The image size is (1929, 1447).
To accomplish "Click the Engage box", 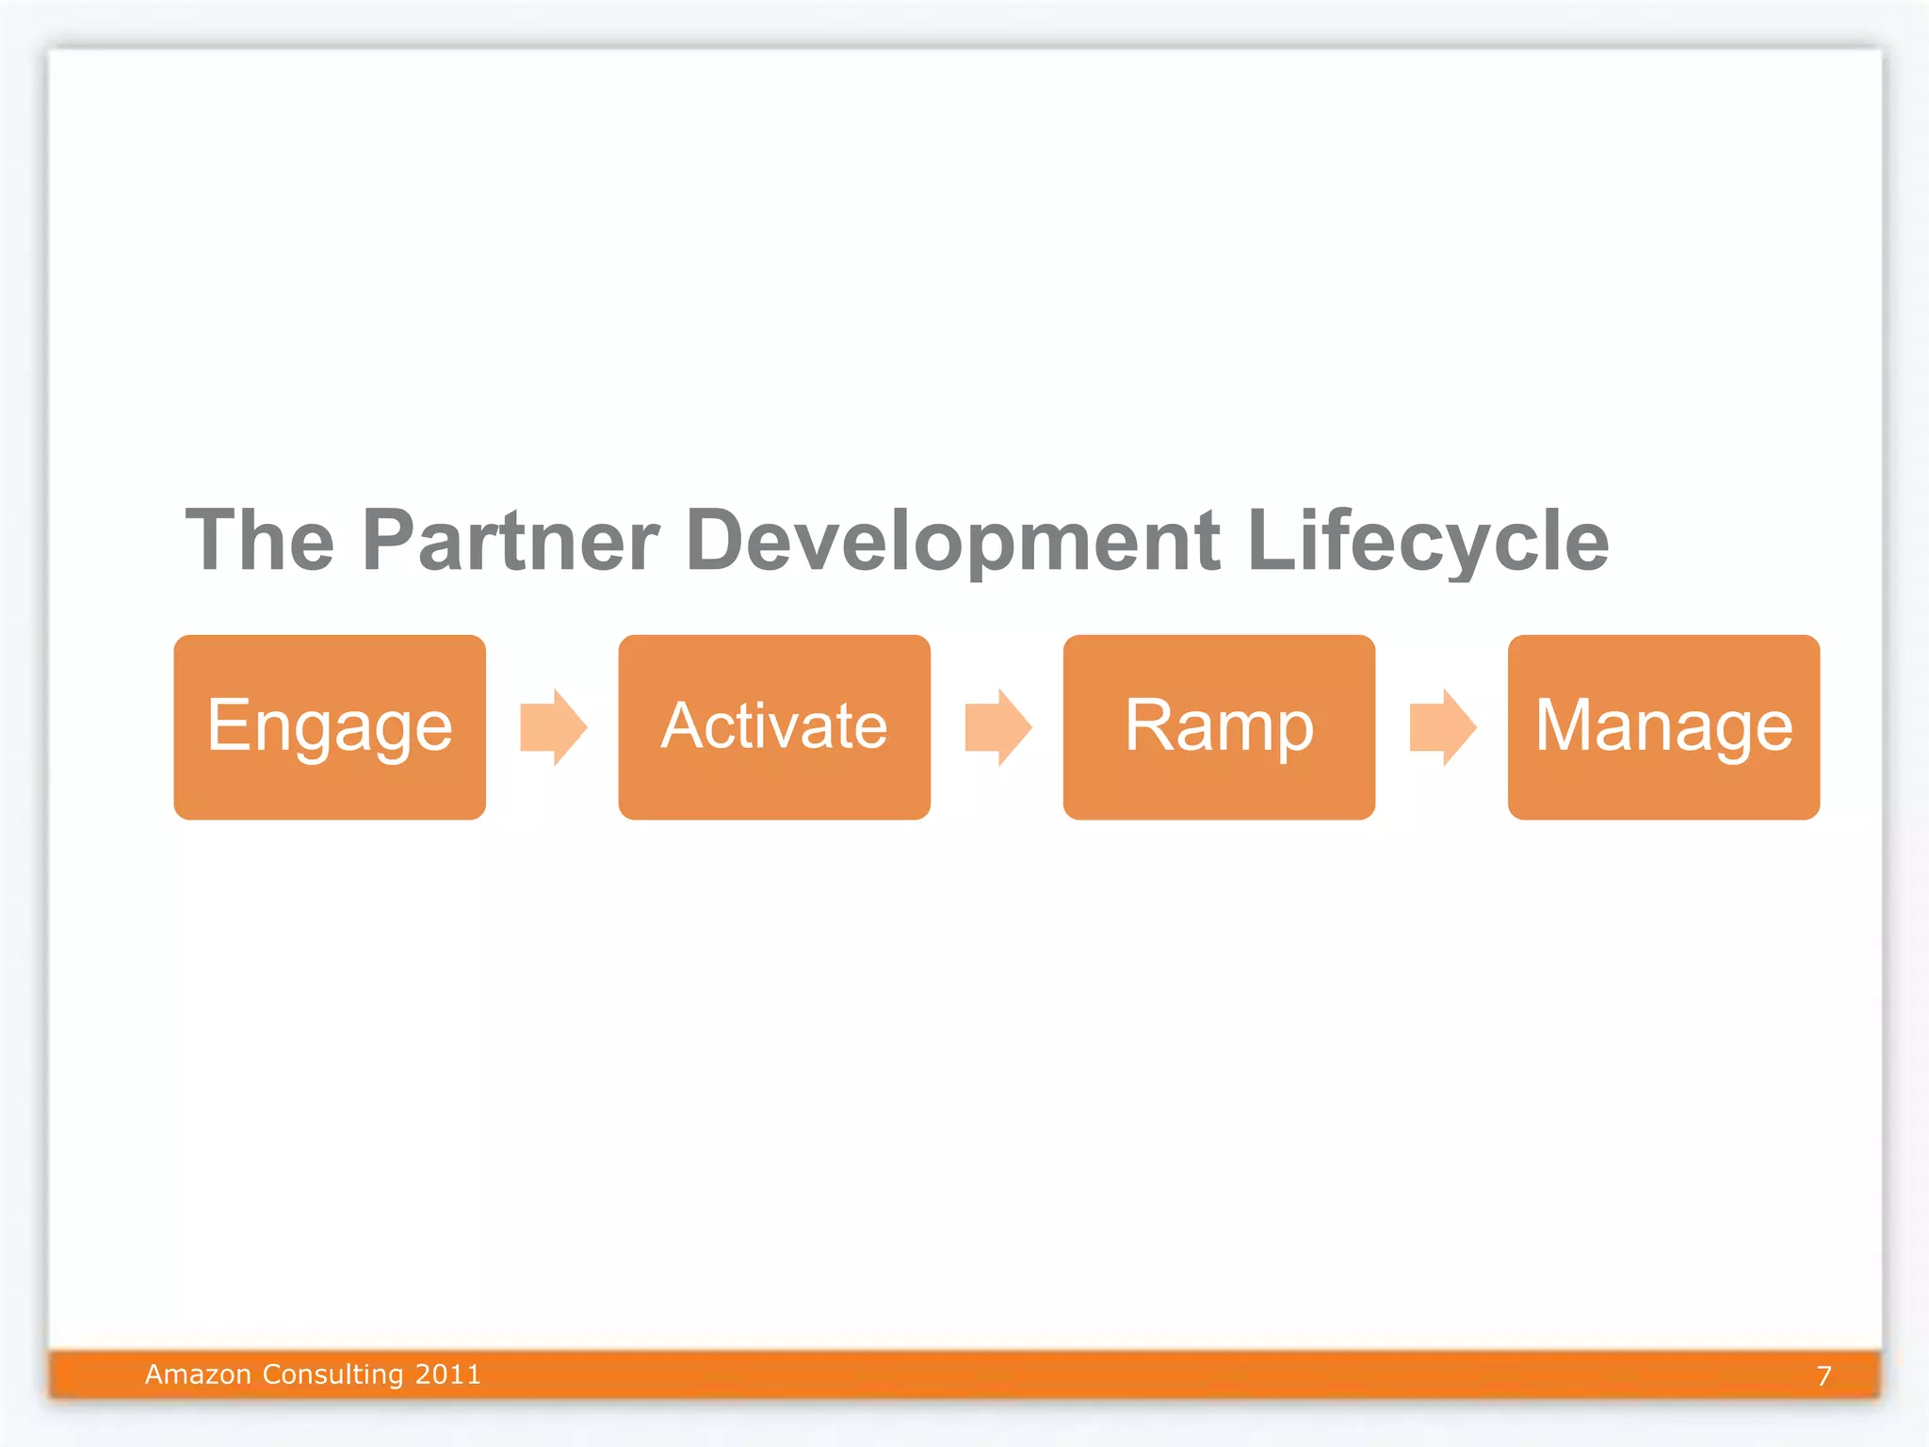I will point(330,726).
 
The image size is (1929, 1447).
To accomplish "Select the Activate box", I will point(774,726).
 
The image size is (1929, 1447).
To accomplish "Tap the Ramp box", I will point(1219,726).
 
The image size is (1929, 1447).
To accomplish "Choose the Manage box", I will point(1663,726).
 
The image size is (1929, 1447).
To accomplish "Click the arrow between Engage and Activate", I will point(554,727).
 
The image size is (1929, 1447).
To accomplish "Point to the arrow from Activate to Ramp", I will point(998,727).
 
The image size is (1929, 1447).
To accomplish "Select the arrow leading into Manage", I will point(1443,727).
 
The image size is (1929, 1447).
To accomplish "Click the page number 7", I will point(1824,1376).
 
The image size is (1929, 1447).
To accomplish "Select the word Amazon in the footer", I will point(198,1374).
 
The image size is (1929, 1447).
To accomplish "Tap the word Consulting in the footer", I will point(332,1374).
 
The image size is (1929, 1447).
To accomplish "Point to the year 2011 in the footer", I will point(447,1374).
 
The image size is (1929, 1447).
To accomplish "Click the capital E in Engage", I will point(227,724).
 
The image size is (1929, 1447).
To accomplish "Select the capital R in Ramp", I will point(1148,724).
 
